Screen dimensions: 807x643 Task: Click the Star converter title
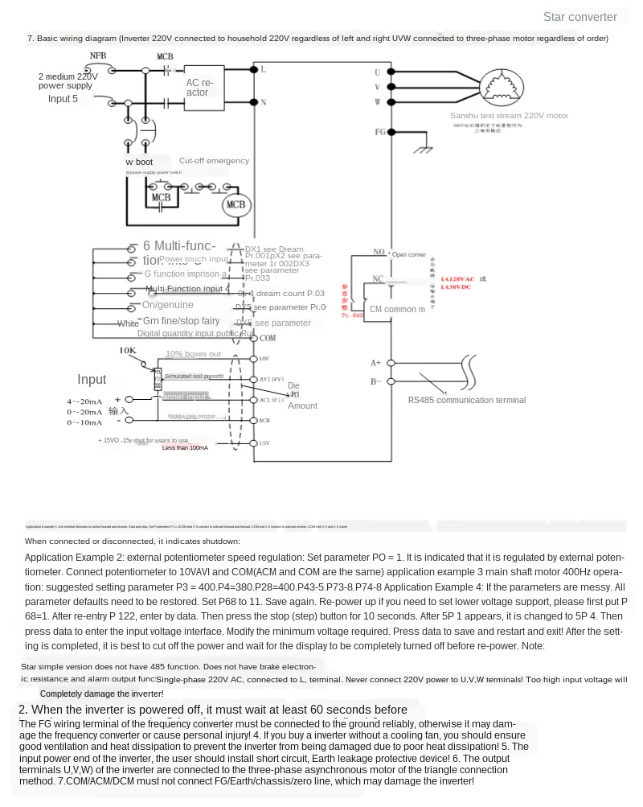point(580,17)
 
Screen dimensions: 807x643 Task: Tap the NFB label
point(97,56)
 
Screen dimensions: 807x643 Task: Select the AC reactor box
point(204,87)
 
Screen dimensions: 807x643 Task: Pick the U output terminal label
point(378,72)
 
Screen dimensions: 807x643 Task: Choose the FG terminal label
point(380,131)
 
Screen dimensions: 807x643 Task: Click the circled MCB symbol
point(235,204)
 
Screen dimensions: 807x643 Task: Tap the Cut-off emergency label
point(214,161)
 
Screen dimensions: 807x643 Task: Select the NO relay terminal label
point(379,253)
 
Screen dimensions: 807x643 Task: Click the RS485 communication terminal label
point(466,400)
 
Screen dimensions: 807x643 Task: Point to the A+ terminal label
point(375,363)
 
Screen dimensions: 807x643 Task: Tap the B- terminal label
point(375,381)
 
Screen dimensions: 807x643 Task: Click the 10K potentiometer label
point(128,350)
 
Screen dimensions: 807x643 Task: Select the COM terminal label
point(267,338)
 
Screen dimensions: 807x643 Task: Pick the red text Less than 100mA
point(185,447)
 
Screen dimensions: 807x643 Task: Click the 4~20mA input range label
point(84,401)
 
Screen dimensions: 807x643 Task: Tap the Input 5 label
point(63,99)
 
